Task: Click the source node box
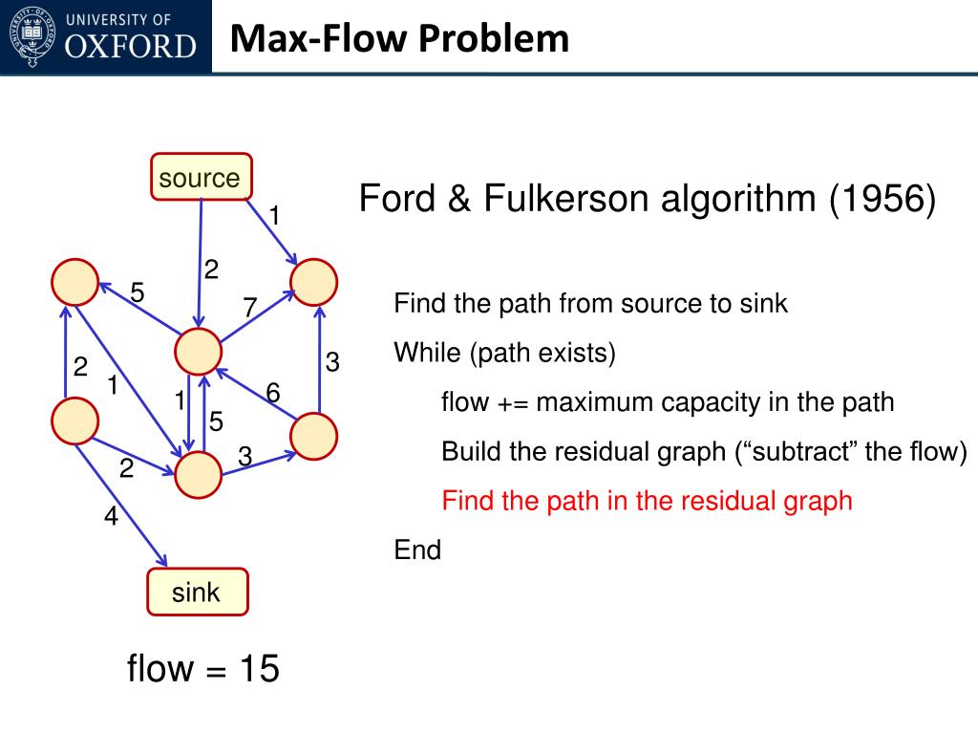tap(201, 177)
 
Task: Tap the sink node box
tap(197, 592)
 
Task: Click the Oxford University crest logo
tap(32, 36)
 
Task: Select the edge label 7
tap(249, 307)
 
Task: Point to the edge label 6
tap(272, 393)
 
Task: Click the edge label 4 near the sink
tap(111, 515)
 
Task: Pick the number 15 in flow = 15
tap(260, 668)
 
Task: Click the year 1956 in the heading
tap(882, 199)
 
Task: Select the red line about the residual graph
tap(647, 501)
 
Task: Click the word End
tap(417, 550)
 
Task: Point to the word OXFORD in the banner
tap(130, 47)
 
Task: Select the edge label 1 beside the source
tap(274, 216)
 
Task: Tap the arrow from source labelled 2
tap(200, 263)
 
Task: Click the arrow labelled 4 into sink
tap(121, 497)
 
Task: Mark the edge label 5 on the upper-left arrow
tap(138, 292)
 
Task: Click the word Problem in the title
tap(494, 38)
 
